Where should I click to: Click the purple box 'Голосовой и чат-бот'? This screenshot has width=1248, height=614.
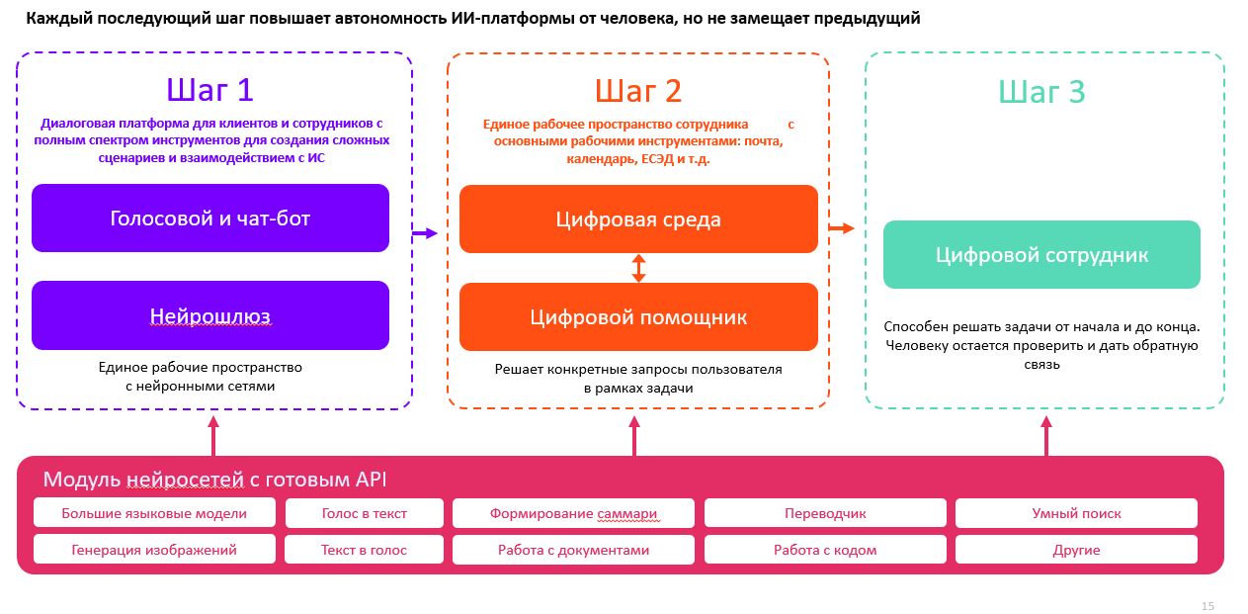[210, 218]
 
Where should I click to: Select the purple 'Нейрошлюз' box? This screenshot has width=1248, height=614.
[210, 315]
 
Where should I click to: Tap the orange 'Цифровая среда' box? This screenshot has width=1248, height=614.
[638, 219]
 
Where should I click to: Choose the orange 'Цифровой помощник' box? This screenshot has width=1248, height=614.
[638, 316]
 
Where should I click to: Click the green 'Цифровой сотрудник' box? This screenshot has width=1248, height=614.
[1041, 254]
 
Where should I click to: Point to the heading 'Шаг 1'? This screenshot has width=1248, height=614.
[210, 90]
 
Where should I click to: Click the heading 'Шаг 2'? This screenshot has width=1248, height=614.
[638, 91]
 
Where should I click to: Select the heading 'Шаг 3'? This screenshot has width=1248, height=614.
[1041, 92]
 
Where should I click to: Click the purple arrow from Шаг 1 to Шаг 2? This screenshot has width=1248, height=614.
[424, 233]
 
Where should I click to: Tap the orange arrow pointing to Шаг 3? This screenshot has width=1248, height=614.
[841, 228]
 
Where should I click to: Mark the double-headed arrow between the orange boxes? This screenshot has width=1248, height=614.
[638, 268]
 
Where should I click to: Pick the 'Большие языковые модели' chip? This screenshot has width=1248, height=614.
[154, 513]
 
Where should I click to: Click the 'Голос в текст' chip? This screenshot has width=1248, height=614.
[364, 513]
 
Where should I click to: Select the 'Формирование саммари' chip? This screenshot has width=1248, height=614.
[573, 513]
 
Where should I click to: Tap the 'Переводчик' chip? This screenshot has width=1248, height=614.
[825, 513]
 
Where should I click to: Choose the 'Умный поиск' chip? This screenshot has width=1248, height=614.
[1076, 513]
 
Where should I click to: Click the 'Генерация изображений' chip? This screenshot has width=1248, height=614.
[154, 550]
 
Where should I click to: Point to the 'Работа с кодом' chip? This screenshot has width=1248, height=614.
[825, 550]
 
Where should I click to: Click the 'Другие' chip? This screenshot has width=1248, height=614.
[1076, 550]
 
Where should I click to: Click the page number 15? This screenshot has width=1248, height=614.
[1207, 606]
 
